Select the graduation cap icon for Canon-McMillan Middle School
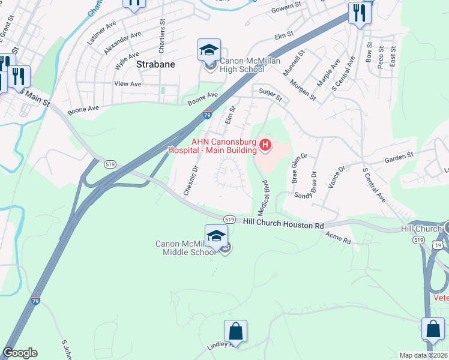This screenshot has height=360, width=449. coord(216,236)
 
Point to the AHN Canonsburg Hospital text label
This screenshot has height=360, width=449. coord(220,146)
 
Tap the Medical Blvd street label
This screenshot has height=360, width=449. coord(263,196)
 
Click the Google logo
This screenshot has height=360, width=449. coord(20,353)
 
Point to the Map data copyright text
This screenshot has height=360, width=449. coord(424,355)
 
